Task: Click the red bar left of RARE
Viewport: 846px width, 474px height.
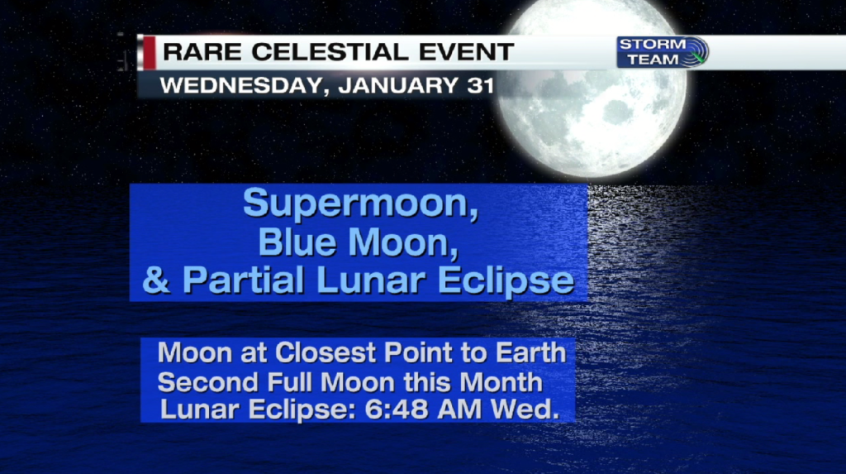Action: pos(149,52)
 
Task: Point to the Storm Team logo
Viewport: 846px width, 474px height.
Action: pos(663,52)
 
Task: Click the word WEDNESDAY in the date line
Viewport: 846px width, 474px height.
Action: pos(242,86)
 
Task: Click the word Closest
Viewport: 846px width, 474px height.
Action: pos(326,353)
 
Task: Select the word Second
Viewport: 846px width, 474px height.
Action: pos(208,383)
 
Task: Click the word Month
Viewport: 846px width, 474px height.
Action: pos(501,383)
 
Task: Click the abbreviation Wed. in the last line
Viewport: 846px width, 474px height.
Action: pos(525,409)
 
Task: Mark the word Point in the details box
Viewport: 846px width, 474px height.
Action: pos(418,353)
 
